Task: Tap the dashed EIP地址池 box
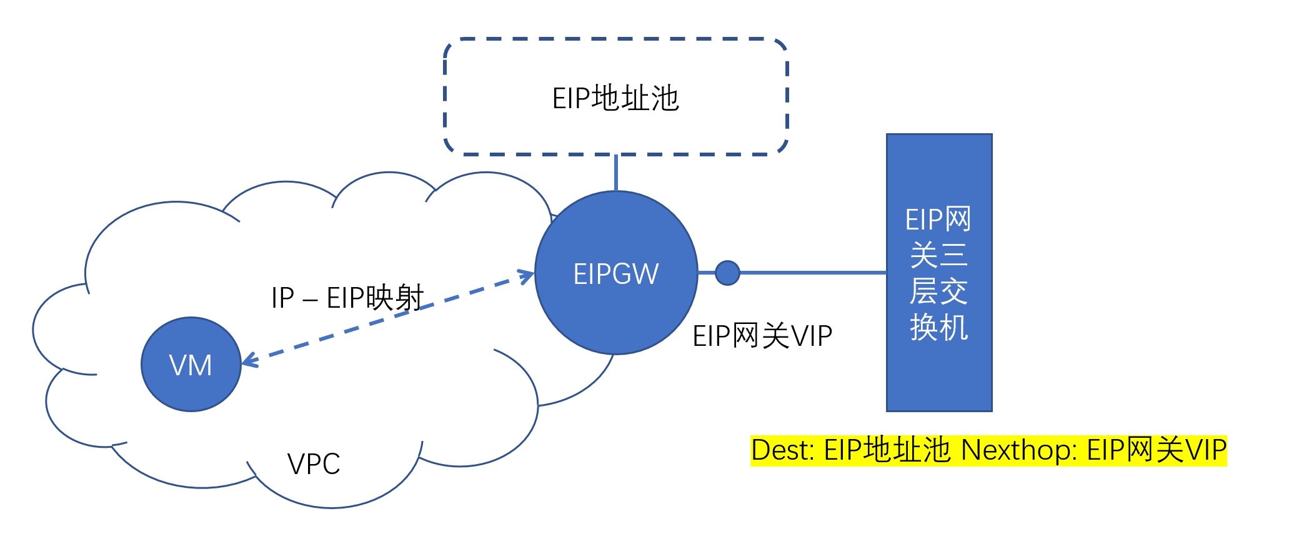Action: pos(615,63)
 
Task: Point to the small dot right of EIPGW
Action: pos(727,273)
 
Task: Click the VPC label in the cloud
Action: pos(314,464)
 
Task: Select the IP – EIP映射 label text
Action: pos(347,298)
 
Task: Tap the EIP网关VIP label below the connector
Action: pos(762,336)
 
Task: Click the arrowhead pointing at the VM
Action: pos(248,360)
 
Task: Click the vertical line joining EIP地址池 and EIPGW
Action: pos(616,173)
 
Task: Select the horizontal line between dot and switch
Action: pos(812,273)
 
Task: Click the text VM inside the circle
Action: pos(191,365)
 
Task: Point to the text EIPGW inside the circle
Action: pos(616,274)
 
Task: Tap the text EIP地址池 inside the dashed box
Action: pos(615,99)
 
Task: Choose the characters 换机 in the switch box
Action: pos(939,327)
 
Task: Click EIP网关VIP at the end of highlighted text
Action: pos(1157,450)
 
